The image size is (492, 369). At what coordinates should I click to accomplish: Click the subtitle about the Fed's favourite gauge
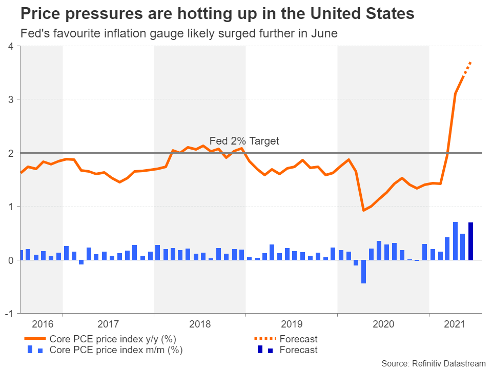(x=178, y=34)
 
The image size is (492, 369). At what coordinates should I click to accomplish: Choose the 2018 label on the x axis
(x=200, y=324)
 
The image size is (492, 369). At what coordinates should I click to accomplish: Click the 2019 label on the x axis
(x=291, y=324)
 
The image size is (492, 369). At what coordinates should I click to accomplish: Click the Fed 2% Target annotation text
(x=244, y=141)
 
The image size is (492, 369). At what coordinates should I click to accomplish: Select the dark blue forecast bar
(x=470, y=241)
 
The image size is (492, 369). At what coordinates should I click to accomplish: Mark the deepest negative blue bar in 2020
(x=363, y=272)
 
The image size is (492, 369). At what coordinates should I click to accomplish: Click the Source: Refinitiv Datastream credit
(x=433, y=363)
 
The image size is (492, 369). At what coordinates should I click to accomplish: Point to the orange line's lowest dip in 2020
(x=363, y=210)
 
